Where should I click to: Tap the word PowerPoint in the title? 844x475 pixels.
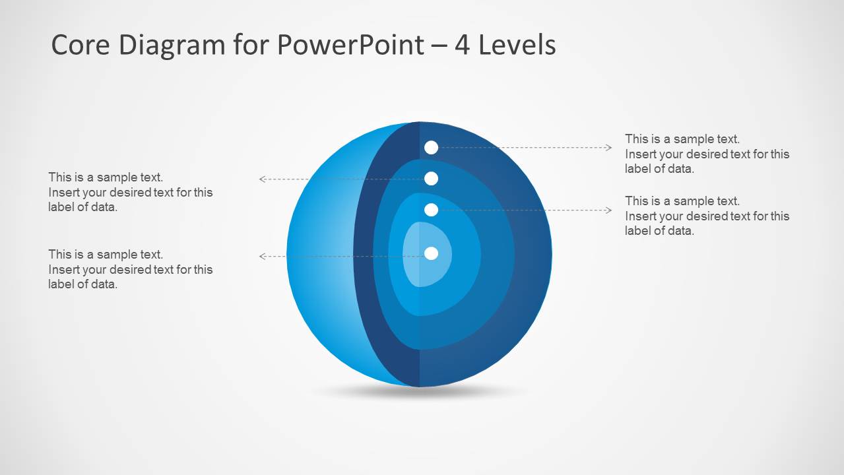(350, 45)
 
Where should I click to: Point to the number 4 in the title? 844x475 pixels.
(461, 45)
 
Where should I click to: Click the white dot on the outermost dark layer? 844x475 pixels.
(431, 148)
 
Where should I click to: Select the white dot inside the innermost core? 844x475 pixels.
(431, 253)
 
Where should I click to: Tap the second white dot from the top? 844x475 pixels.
(431, 178)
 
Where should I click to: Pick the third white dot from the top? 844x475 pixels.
(431, 210)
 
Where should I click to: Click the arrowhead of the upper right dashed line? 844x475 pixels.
(609, 148)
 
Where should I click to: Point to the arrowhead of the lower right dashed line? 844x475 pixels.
(609, 210)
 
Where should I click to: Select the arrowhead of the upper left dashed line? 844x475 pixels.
(262, 179)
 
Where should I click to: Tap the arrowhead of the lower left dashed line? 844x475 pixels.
(262, 256)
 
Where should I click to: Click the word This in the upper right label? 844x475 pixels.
(636, 139)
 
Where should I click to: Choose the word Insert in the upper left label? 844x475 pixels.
(64, 193)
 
